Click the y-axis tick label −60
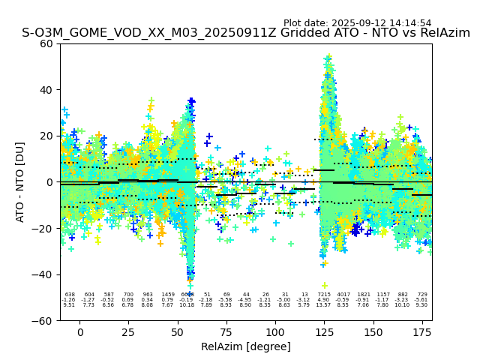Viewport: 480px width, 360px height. tap(46, 321)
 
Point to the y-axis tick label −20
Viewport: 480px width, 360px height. tap(46, 229)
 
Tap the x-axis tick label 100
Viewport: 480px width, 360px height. tap(275, 332)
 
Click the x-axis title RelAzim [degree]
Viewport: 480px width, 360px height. tap(245, 346)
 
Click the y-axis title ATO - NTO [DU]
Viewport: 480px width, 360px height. tap(20, 182)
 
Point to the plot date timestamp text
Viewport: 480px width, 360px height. tap(357, 23)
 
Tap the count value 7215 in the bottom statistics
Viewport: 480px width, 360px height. tap(324, 295)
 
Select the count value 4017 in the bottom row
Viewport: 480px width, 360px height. tap(343, 295)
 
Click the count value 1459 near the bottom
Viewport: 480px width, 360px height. tap(167, 295)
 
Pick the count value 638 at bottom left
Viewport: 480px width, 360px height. tap(70, 295)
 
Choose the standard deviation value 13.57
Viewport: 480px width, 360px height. tap(324, 305)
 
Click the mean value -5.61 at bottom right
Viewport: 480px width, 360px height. tap(421, 300)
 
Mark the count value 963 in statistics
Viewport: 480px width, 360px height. tap(148, 295)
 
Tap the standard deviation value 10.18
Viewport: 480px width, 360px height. tap(187, 305)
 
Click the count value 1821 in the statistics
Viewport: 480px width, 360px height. tap(363, 295)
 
